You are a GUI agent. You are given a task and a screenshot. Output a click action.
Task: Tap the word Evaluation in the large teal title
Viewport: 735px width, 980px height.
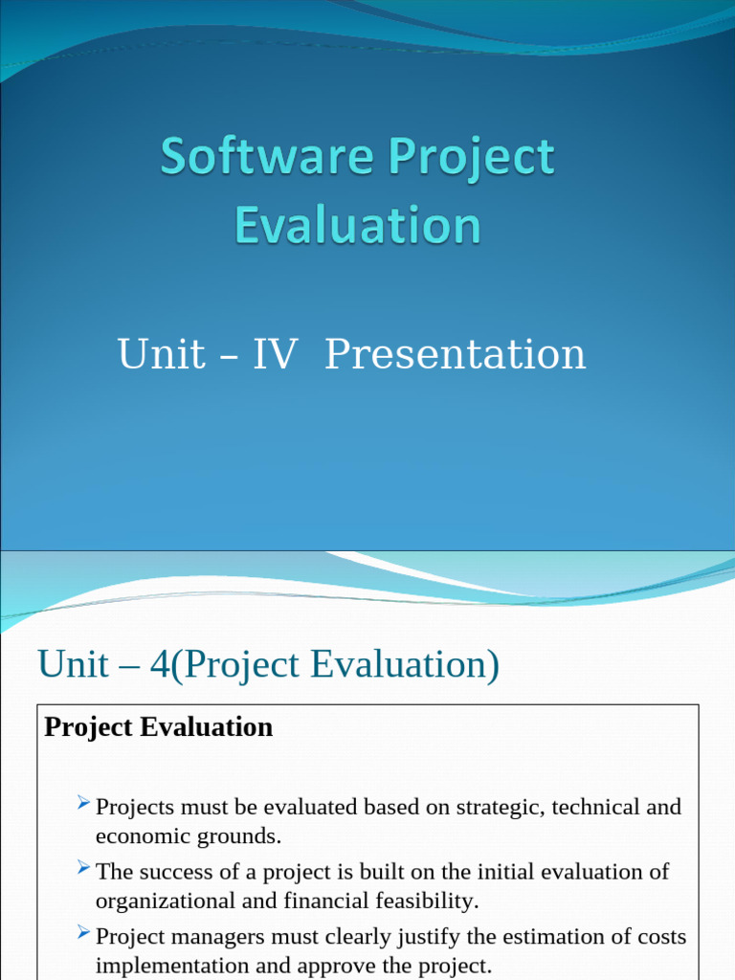tap(357, 226)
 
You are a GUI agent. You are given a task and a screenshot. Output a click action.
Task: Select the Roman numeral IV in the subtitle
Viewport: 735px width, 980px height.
tap(275, 354)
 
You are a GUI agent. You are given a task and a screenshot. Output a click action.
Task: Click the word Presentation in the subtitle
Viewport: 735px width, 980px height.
tap(455, 354)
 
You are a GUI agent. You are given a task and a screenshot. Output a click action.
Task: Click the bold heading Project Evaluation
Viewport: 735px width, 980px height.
tap(159, 727)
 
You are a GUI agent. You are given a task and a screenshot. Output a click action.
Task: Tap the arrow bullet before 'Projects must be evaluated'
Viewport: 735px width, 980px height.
tap(83, 803)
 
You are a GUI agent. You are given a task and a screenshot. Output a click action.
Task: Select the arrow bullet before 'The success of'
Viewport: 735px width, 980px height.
tap(83, 868)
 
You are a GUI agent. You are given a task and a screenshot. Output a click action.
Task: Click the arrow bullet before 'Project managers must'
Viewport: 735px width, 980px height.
tap(83, 932)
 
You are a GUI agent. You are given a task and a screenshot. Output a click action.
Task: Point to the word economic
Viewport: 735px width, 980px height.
tap(135, 836)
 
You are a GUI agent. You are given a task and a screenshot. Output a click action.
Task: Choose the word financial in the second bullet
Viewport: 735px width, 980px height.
tap(325, 902)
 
